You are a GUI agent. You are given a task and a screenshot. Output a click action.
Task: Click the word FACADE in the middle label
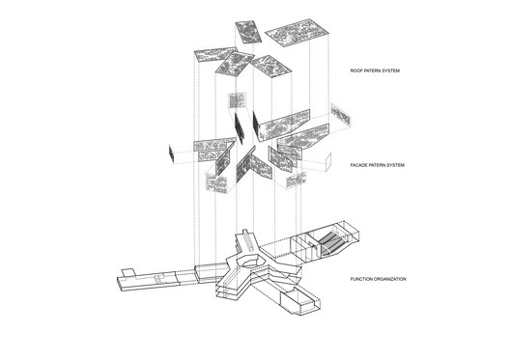[x=360, y=166]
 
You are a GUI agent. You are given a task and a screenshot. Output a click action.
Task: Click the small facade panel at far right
[x=340, y=116]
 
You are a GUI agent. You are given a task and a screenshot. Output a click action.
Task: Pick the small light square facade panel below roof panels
[x=232, y=99]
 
